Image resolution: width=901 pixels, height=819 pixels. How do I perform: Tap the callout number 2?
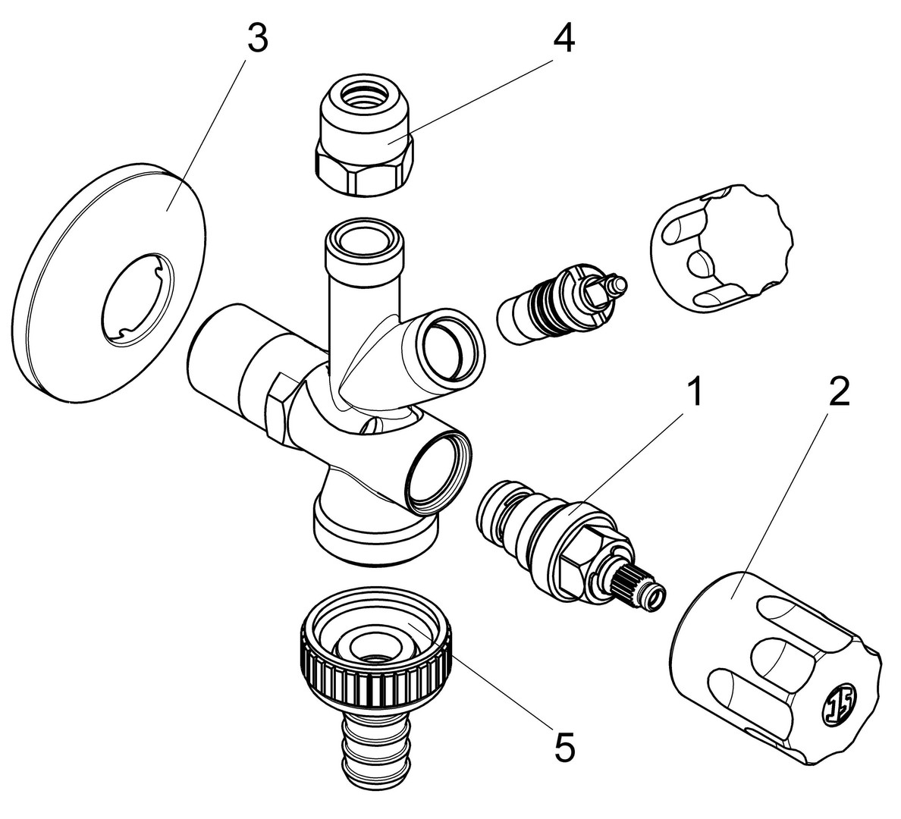coord(839,394)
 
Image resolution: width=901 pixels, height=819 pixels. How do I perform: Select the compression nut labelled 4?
coord(364,140)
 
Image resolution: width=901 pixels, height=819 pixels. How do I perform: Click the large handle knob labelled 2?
coord(774,667)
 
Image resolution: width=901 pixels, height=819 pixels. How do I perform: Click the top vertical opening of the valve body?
coord(360,240)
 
